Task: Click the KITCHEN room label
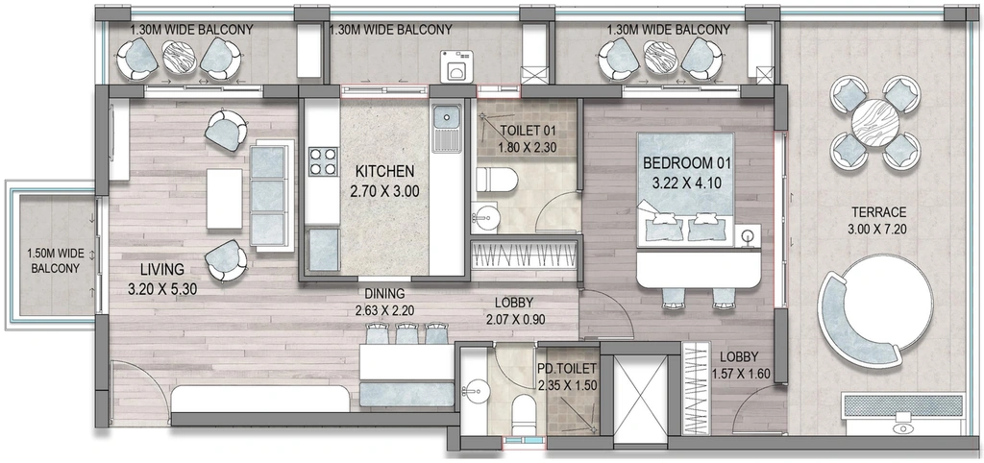384,171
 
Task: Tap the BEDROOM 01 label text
687,163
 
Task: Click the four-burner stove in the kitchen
323,160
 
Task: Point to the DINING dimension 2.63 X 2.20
383,310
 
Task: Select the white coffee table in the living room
224,199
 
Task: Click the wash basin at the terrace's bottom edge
903,427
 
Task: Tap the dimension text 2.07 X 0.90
516,319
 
